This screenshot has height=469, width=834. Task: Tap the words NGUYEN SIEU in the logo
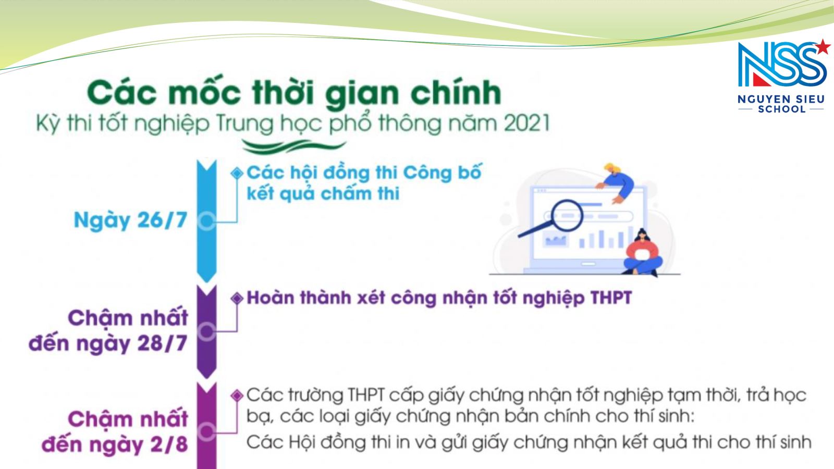pyautogui.click(x=781, y=100)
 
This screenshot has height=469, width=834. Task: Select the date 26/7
pyautogui.click(x=162, y=219)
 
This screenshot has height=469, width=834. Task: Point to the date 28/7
pyautogui.click(x=162, y=343)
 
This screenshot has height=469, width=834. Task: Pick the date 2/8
pyautogui.click(x=169, y=444)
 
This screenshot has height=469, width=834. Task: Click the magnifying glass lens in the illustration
pyautogui.click(x=567, y=216)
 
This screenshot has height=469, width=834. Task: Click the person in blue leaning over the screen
pyautogui.click(x=616, y=182)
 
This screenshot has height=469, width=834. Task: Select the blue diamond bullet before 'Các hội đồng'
pyautogui.click(x=237, y=173)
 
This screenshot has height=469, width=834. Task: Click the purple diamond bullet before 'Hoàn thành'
pyautogui.click(x=237, y=298)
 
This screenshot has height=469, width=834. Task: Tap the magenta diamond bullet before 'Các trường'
pyautogui.click(x=237, y=396)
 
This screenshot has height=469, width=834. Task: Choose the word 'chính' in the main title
pyautogui.click(x=456, y=93)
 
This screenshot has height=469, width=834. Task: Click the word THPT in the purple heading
pyautogui.click(x=611, y=298)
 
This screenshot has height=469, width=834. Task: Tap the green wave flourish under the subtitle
pyautogui.click(x=294, y=146)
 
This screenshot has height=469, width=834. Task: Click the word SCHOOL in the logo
pyautogui.click(x=782, y=109)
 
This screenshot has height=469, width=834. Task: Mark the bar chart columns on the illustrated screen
pyautogui.click(x=605, y=238)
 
